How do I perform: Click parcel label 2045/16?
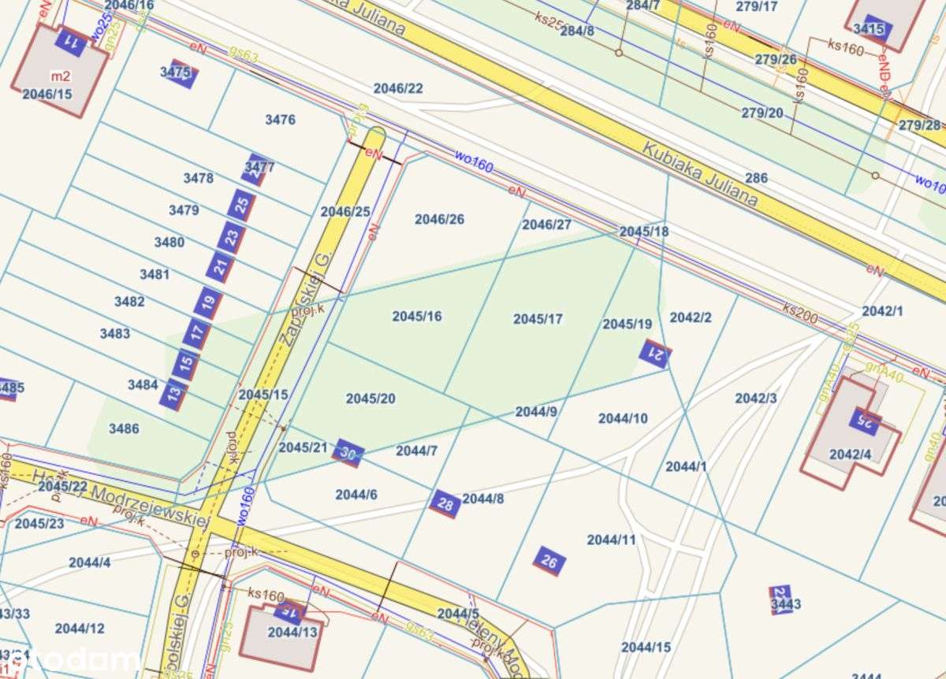coord(417,317)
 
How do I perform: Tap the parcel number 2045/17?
coord(538,319)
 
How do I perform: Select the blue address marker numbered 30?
coord(348,453)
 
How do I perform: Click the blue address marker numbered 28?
coord(445,503)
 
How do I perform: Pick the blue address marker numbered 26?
coord(549,562)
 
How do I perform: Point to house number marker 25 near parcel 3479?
coord(242,205)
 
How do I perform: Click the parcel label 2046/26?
coord(439,219)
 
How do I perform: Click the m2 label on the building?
coord(60,76)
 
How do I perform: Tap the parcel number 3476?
coord(280,120)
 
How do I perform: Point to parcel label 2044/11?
coord(611,540)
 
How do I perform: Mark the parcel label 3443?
coord(785,604)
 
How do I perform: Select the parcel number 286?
coord(755,178)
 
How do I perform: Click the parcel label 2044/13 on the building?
coord(292,632)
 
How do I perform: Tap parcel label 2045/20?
coord(371,399)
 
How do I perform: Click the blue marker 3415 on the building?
coord(870,30)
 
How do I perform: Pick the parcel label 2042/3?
coord(756,399)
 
